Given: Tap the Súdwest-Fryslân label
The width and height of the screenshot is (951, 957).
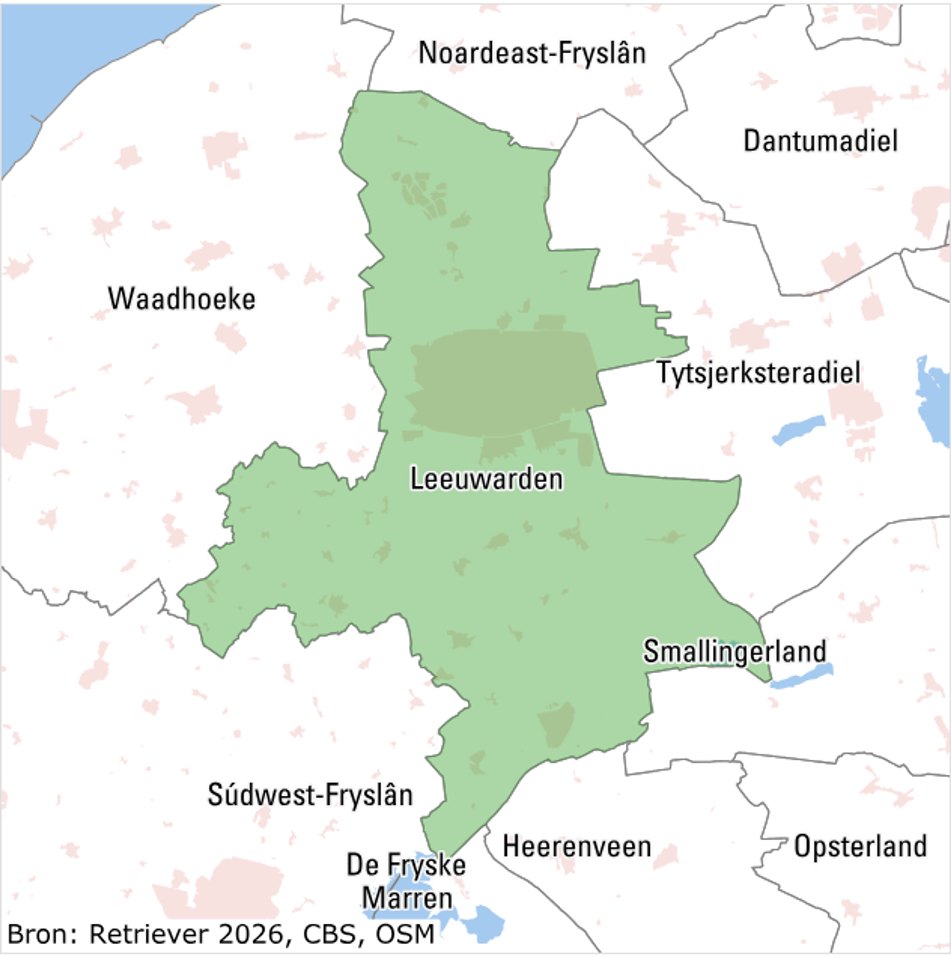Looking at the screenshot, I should coord(310,795).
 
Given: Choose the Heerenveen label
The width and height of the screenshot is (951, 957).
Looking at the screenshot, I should coord(577,847).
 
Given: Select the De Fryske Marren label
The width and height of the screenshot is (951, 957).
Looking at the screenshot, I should coord(406,882).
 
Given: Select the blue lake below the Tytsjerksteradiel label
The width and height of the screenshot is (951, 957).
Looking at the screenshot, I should coord(798,429).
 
